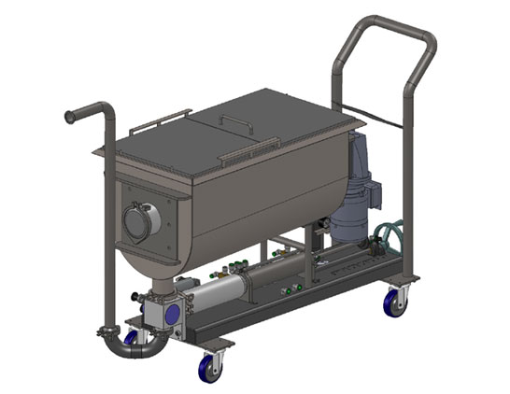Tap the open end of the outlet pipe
[x=68, y=117]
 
